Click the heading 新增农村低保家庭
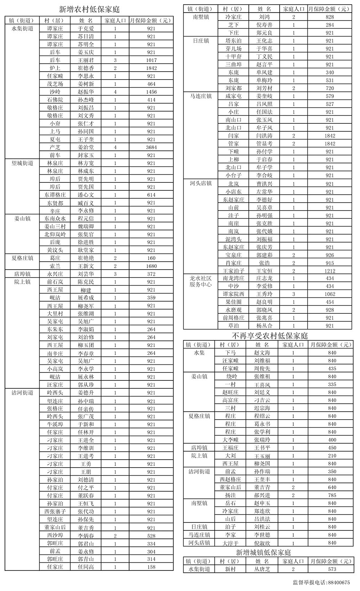90,10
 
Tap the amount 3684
151,147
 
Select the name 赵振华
86,92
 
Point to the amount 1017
151,60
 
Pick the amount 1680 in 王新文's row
151,266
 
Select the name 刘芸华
86,274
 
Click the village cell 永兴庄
55,274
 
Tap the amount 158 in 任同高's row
151,567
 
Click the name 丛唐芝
262,569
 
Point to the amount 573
332,569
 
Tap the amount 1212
330,271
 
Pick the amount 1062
330,294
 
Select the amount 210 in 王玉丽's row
332,456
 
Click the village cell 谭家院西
233,294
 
